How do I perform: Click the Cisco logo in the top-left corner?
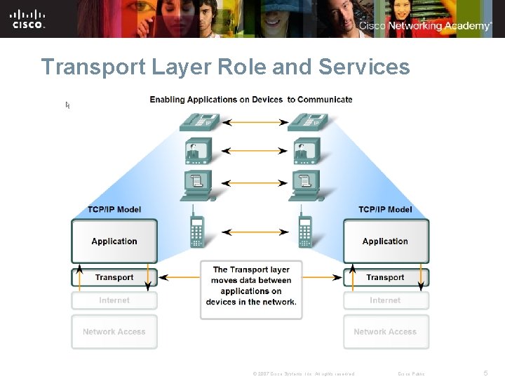29,18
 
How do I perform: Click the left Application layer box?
114,241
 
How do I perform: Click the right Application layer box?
385,241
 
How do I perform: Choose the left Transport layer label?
114,277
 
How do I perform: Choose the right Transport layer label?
385,277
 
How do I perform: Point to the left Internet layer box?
114,300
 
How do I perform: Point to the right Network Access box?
385,331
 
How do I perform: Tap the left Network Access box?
114,331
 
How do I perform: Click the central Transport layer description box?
251,286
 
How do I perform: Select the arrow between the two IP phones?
251,123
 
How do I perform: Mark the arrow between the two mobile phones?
251,232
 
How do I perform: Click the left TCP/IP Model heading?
114,209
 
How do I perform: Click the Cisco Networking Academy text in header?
425,26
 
